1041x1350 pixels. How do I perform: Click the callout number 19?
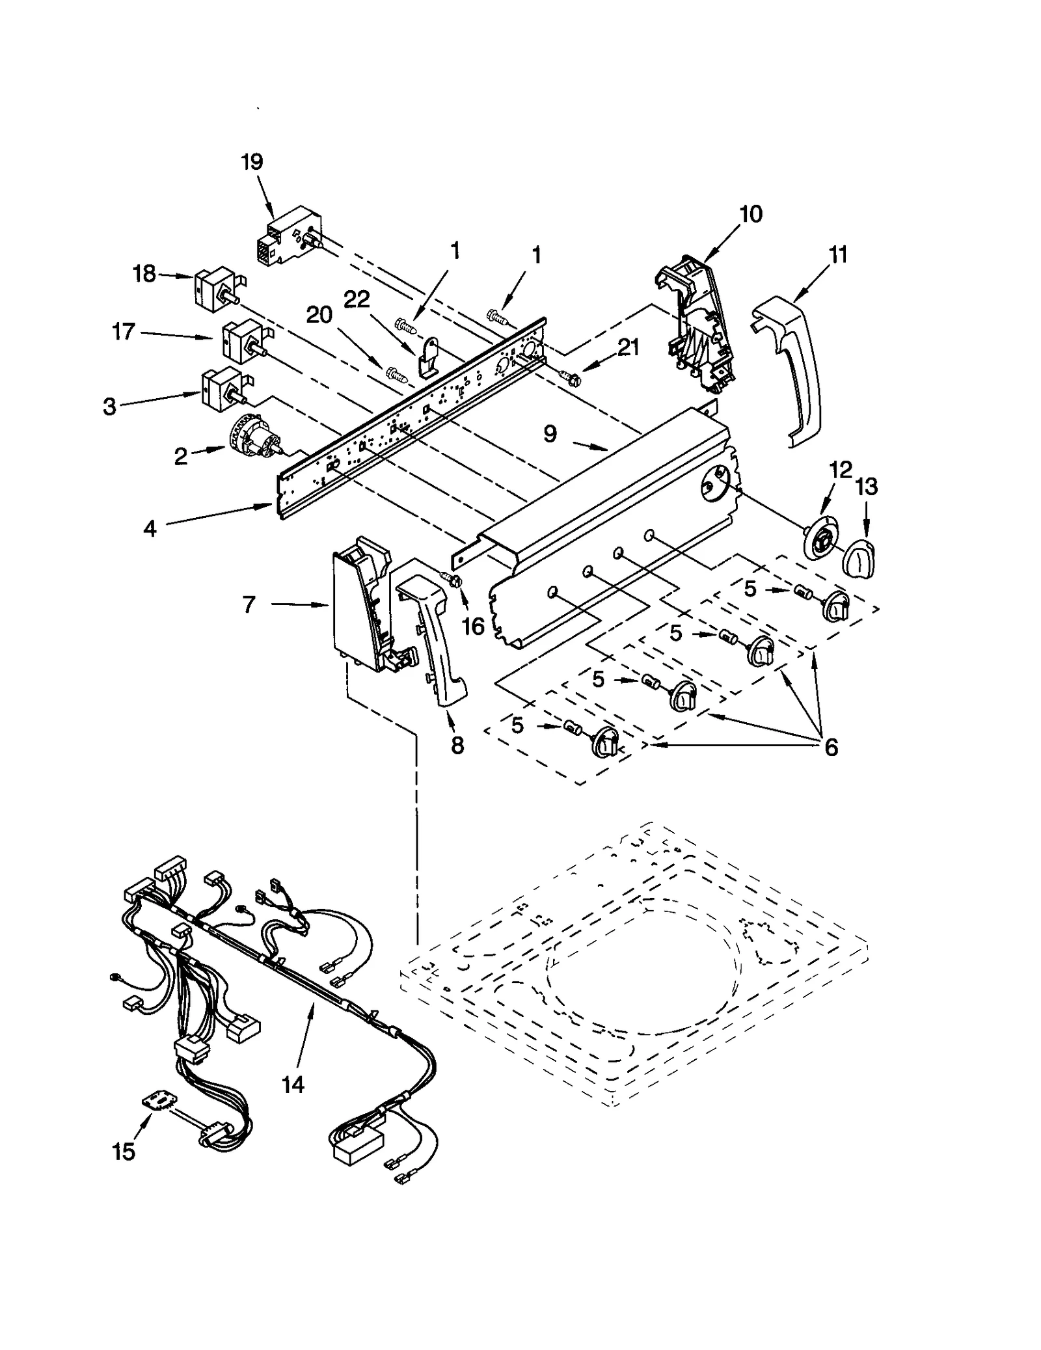click(x=252, y=161)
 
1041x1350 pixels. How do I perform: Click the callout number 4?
click(x=150, y=528)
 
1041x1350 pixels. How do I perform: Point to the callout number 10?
click(x=751, y=214)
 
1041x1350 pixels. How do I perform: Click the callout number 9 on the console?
click(x=550, y=434)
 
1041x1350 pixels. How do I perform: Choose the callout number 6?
click(x=831, y=748)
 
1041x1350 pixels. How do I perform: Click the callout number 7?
click(x=249, y=605)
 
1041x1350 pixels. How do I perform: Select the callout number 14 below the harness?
click(x=293, y=1084)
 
